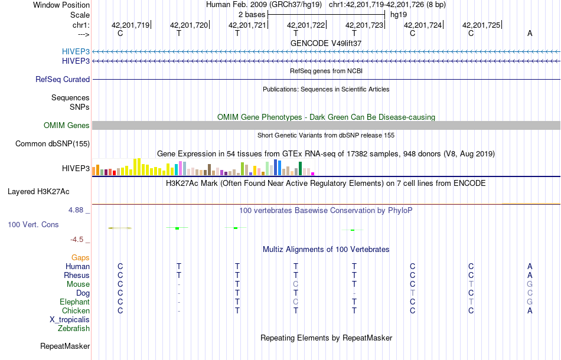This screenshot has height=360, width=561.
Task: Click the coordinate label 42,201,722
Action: coord(306,25)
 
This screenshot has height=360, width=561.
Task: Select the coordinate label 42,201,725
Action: coord(481,25)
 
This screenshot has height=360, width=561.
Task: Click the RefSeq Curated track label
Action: coord(63,79)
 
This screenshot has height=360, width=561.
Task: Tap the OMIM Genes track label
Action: coord(67,125)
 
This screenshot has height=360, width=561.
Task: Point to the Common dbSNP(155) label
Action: coord(53,143)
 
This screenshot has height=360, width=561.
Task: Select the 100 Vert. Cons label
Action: coord(33,225)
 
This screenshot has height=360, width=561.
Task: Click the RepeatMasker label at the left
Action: coord(65,346)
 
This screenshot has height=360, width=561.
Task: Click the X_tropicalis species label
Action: coord(70,319)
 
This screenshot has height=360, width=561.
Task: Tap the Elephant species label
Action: coord(74,302)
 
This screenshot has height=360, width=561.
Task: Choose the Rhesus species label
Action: coord(77,275)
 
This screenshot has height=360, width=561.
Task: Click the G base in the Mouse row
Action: coord(530,284)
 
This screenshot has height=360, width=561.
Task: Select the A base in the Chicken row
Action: coord(530,310)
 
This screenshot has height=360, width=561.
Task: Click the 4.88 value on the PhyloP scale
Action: coord(79,210)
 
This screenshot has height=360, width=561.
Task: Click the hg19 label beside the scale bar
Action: coord(399,14)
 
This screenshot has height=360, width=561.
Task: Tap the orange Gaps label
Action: coord(80,257)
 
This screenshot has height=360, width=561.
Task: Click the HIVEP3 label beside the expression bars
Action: coord(76,168)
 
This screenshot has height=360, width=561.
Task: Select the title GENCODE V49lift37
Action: coord(326,43)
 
